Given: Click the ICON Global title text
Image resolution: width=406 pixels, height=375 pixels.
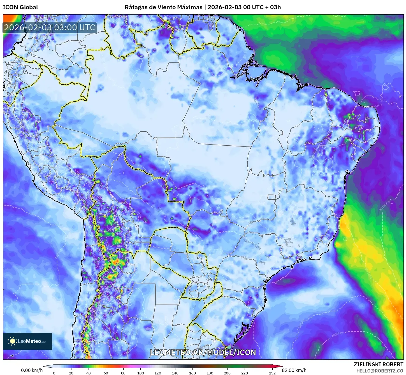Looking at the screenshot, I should (x=20, y=7).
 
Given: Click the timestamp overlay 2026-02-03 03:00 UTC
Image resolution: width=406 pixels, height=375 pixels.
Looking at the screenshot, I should (x=50, y=27).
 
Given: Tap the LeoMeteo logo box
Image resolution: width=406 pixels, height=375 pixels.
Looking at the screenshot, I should (x=27, y=341).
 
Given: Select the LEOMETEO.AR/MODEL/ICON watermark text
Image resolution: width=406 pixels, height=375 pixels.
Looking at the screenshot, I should (x=203, y=352).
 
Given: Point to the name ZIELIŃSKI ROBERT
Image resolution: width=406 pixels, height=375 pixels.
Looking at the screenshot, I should (x=378, y=364).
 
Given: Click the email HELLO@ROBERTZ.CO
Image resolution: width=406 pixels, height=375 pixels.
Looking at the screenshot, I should (x=380, y=371).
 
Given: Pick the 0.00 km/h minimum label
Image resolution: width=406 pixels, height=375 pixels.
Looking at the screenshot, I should (x=32, y=370).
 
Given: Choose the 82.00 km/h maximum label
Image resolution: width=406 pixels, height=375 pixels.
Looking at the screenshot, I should (x=296, y=370).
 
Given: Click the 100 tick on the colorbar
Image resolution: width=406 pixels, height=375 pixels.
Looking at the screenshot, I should (x=140, y=373).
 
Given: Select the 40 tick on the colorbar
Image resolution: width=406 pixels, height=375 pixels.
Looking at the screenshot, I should (x=89, y=373).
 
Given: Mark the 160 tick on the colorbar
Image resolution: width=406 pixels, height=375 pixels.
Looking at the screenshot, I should (x=192, y=373).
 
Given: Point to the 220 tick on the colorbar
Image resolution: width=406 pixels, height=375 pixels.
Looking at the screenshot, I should (x=244, y=373).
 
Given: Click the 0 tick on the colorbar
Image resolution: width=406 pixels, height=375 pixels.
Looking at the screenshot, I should (x=54, y=373).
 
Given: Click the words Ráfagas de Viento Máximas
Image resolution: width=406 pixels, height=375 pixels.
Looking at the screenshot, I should (x=163, y=7).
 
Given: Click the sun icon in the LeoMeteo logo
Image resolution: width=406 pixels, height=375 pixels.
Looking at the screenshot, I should (x=12, y=341).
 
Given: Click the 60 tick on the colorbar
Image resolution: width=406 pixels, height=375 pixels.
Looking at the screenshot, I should (x=106, y=373).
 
